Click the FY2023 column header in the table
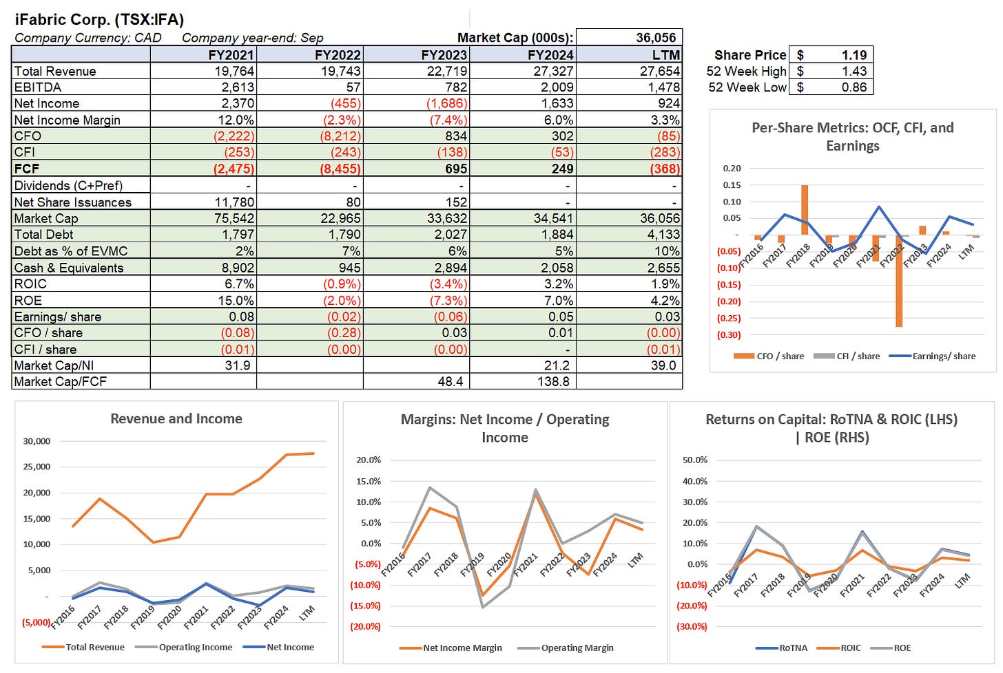(444, 55)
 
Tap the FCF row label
(27, 169)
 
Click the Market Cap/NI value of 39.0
(663, 365)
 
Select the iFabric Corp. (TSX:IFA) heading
(99, 19)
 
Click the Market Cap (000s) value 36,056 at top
(656, 38)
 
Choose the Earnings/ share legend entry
(943, 356)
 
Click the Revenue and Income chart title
(176, 419)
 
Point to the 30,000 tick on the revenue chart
(37, 441)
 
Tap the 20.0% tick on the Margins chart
(368, 460)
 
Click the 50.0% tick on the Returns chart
(694, 460)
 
